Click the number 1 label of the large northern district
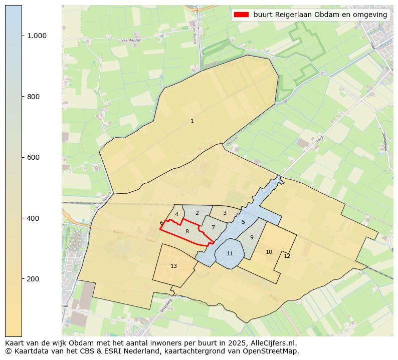(x=192, y=121)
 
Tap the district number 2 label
(x=197, y=213)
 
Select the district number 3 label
(x=225, y=213)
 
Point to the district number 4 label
(x=176, y=214)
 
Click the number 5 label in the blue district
(x=243, y=222)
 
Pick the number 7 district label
(x=213, y=227)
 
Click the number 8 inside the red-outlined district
(x=187, y=231)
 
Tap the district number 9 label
(x=252, y=237)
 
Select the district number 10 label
(x=269, y=252)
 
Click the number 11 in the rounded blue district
(x=230, y=253)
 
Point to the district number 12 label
(x=287, y=256)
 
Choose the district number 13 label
(x=173, y=266)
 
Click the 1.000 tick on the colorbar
(x=37, y=36)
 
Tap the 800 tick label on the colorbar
(x=34, y=97)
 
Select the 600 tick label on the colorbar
(x=34, y=157)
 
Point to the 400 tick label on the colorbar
(x=34, y=218)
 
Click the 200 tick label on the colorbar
(x=34, y=279)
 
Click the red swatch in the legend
(x=241, y=15)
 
